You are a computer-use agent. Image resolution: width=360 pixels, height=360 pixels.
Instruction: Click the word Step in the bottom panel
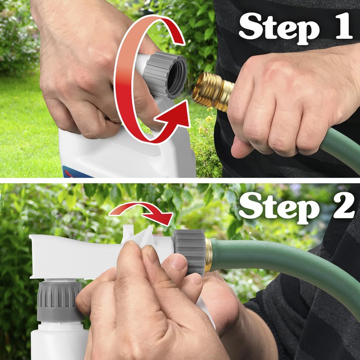(x=275, y=207)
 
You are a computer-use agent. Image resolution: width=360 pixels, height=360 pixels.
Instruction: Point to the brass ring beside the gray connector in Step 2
(x=208, y=255)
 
